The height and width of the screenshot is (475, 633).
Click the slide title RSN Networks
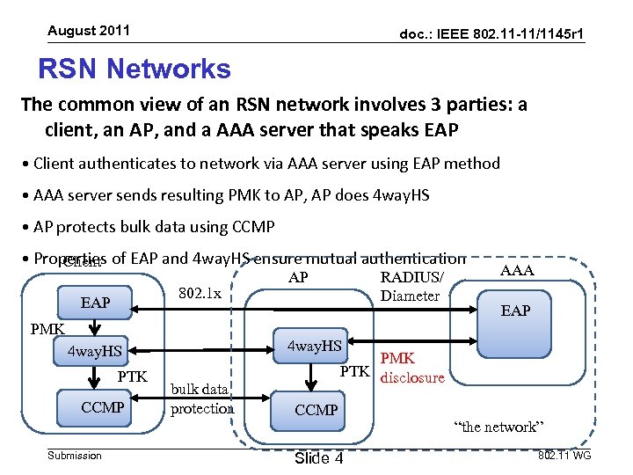tap(135, 69)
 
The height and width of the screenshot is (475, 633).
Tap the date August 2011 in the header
tap(89, 31)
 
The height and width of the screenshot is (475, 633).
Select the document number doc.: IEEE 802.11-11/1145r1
tap(492, 33)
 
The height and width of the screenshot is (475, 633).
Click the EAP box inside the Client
tap(95, 303)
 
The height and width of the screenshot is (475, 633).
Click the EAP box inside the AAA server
tap(515, 311)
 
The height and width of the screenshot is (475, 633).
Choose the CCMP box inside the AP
tap(316, 410)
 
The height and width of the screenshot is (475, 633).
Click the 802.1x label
tap(200, 292)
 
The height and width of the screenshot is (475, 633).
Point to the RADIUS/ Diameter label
tap(411, 287)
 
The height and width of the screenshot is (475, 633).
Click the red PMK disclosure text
tap(411, 369)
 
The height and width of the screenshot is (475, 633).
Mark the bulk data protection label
tap(202, 398)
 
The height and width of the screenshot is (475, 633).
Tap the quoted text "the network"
tap(498, 427)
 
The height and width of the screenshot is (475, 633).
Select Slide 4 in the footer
tap(318, 459)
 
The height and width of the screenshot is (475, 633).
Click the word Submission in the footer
tap(75, 456)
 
